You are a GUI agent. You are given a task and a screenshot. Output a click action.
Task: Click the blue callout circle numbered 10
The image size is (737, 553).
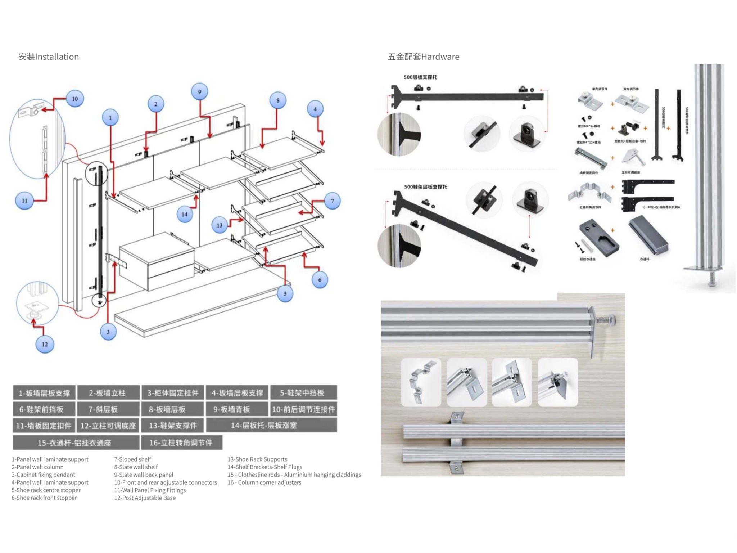tap(75, 99)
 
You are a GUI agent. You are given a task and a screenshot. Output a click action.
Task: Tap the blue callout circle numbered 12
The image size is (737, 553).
tap(45, 344)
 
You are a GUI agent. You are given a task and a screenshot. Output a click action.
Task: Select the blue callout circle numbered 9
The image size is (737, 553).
tap(200, 92)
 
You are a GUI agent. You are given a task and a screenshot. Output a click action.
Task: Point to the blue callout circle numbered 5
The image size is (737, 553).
tap(285, 294)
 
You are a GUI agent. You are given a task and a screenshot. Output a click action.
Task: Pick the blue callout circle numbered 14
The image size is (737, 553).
tap(185, 215)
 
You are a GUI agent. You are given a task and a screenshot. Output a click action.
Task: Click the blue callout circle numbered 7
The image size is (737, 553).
tap(333, 201)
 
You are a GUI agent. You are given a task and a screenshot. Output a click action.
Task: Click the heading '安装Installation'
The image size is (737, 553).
tap(49, 57)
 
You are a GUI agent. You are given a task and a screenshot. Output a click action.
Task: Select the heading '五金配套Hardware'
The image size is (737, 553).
tap(424, 57)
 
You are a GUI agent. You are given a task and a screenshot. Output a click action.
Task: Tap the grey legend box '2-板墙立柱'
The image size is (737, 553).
tap(108, 393)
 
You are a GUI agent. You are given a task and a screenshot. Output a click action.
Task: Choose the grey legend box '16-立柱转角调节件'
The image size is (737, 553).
tap(181, 442)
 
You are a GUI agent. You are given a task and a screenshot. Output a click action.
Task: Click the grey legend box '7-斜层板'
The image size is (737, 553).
tap(108, 409)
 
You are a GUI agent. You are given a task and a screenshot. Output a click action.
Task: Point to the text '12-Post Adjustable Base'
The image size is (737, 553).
tap(145, 498)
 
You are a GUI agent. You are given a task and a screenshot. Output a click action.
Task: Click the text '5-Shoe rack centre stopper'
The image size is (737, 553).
tap(46, 490)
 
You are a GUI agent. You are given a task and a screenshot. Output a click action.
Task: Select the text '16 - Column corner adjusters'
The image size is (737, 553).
tap(264, 482)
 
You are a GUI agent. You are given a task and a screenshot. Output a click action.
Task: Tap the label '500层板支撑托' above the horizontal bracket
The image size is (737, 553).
tap(420, 77)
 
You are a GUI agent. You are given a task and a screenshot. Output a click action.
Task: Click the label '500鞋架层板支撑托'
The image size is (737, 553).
tap(426, 187)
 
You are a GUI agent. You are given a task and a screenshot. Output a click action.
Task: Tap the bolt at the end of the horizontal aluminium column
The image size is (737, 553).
tap(607, 320)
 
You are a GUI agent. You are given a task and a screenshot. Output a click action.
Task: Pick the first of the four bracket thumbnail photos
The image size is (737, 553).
tap(421, 382)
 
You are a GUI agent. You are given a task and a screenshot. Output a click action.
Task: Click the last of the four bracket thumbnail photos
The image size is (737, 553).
tap(557, 382)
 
